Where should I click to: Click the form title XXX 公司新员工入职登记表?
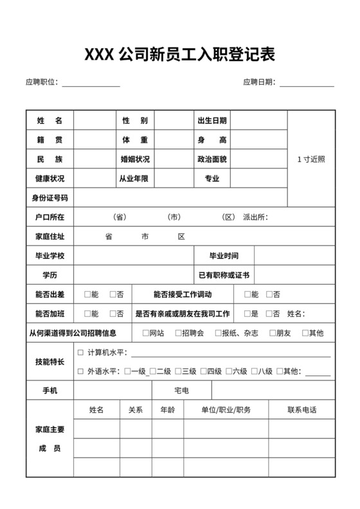pyautogui.click(x=179, y=55)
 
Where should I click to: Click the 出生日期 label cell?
pyautogui.click(x=212, y=121)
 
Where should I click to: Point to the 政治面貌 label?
pyautogui.click(x=212, y=159)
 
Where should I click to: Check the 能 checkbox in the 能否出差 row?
pyautogui.click(x=87, y=294)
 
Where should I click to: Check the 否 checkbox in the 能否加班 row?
pyautogui.click(x=113, y=314)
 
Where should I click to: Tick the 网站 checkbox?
pyautogui.click(x=145, y=333)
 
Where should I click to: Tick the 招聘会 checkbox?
pyautogui.click(x=177, y=333)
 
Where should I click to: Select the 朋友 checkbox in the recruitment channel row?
pyautogui.click(x=272, y=333)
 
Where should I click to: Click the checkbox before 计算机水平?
pyautogui.click(x=80, y=353)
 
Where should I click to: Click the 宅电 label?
pyautogui.click(x=181, y=391)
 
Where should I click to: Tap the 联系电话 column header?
pyautogui.click(x=301, y=410)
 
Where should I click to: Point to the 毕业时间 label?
pyautogui.click(x=223, y=256)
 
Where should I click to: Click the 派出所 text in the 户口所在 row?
pyautogui.click(x=255, y=217)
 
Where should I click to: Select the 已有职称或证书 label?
pyautogui.click(x=223, y=275)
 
